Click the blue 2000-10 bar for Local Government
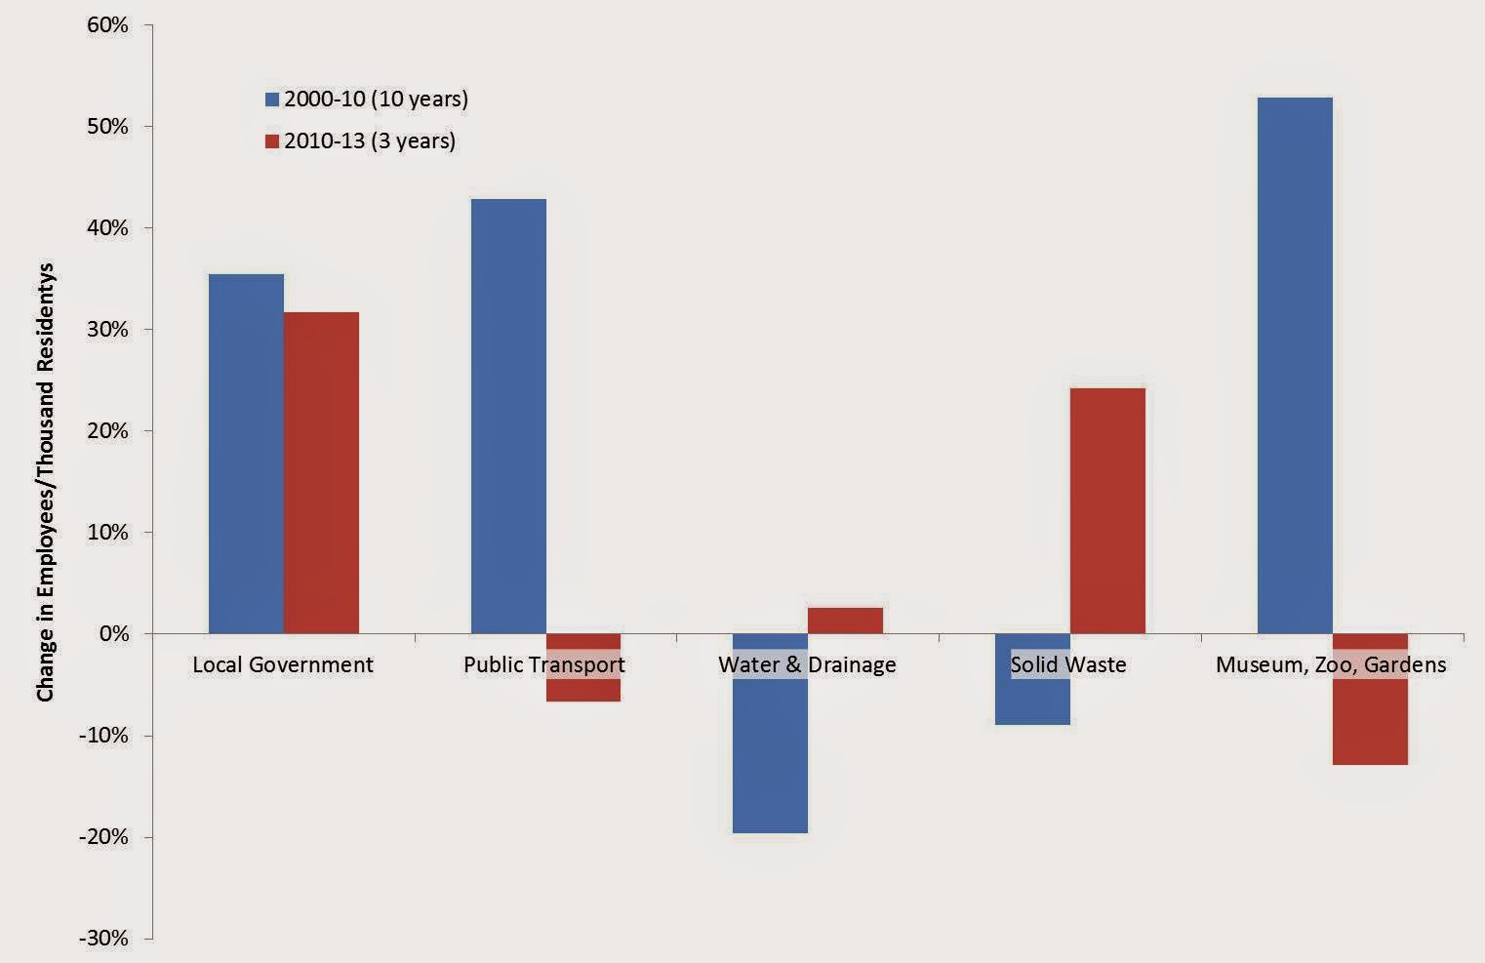(246, 454)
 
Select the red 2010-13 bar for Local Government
(321, 472)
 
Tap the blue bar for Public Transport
(508, 416)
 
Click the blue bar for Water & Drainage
(770, 751)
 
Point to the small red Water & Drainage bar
(845, 621)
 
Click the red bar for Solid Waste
(1107, 510)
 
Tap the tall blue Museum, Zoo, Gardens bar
(1295, 365)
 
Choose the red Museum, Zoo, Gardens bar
(1370, 722)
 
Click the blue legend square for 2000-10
(272, 100)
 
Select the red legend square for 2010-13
(272, 141)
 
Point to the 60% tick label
(107, 25)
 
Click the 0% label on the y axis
(113, 634)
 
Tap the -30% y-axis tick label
(103, 939)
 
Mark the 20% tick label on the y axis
(107, 431)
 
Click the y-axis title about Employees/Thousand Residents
(46, 482)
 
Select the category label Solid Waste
(1068, 665)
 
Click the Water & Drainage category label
(807, 665)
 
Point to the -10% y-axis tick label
(103, 736)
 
